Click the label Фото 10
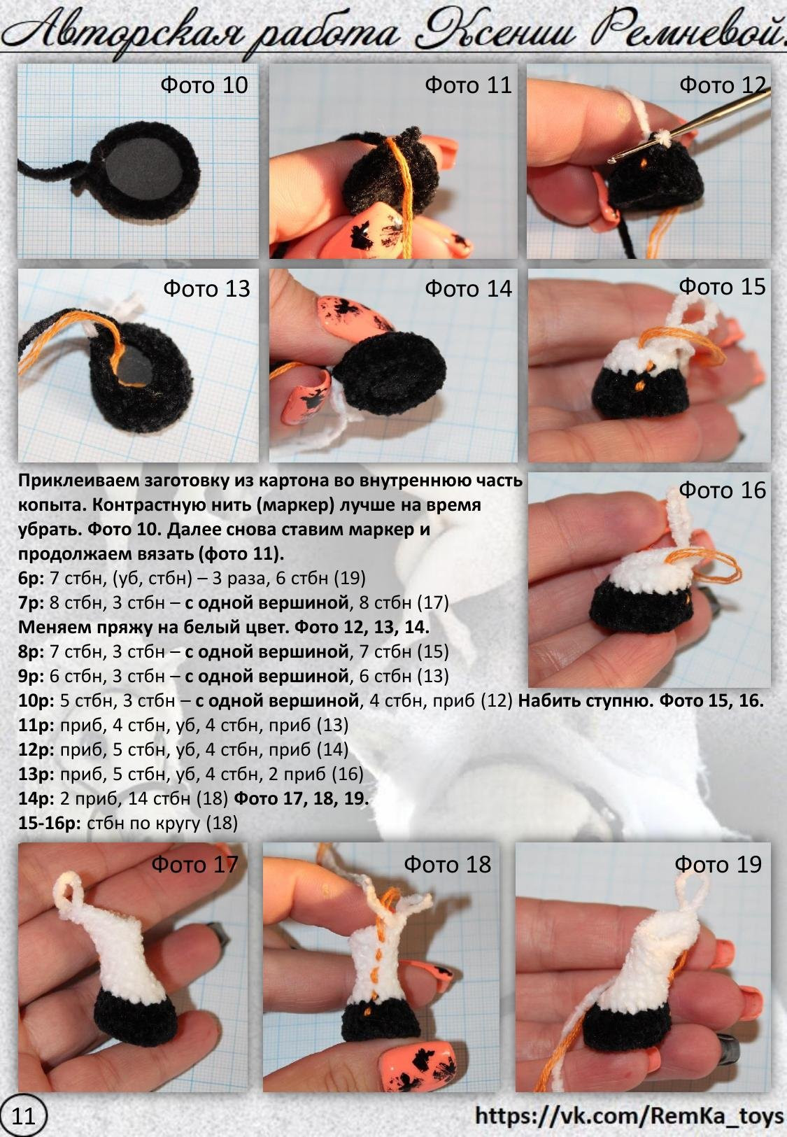(204, 85)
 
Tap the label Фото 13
(206, 289)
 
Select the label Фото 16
(722, 490)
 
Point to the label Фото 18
(448, 864)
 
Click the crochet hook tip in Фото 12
(611, 160)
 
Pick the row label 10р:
(36, 701)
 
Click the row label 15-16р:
(49, 823)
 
